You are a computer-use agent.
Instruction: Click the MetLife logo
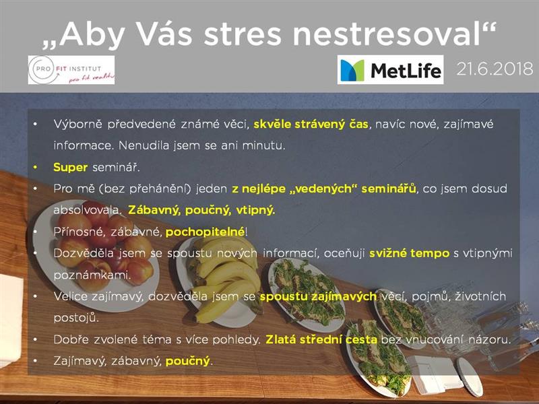[x=390, y=70]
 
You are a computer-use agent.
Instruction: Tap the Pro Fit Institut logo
[x=71, y=70]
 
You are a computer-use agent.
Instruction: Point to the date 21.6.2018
[x=495, y=69]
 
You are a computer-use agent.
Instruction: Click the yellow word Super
[x=71, y=168]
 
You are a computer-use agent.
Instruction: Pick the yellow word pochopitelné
[x=205, y=232]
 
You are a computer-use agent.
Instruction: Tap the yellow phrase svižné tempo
[x=410, y=254]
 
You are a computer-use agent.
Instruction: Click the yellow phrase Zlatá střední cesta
[x=321, y=340]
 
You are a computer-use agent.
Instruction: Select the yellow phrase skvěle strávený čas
[x=311, y=124]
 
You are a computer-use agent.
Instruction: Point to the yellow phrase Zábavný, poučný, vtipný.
[x=201, y=210]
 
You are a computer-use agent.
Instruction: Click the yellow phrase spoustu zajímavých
[x=318, y=297]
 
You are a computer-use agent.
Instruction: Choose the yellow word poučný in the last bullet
[x=188, y=362]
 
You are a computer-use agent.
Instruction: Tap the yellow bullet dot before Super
[x=35, y=167]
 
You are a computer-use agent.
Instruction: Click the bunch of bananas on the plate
[x=224, y=278]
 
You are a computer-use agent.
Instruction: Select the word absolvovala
[x=87, y=210]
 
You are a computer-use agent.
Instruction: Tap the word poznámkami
[x=92, y=275]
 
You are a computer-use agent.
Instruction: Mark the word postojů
[x=76, y=318]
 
